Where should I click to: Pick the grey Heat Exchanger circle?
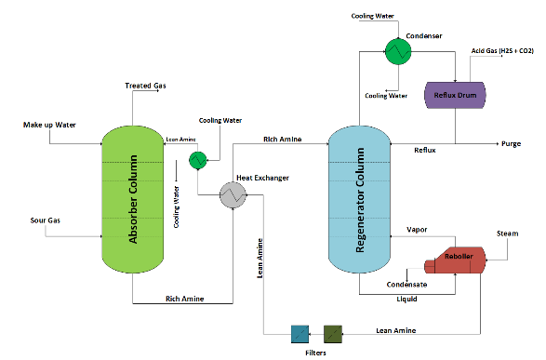click(231, 193)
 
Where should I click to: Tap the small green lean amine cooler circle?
click(197, 160)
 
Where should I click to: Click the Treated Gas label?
click(145, 87)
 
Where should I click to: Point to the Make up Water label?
click(47, 124)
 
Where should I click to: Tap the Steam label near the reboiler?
click(508, 233)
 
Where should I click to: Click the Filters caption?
click(316, 353)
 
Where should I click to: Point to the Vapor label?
click(417, 229)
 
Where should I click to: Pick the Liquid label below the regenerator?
click(406, 300)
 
